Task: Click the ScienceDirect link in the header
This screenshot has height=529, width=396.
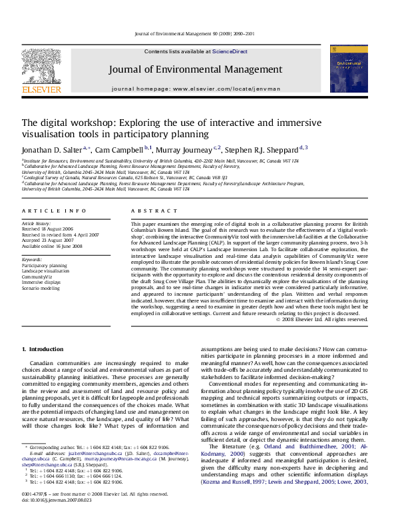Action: tap(230, 51)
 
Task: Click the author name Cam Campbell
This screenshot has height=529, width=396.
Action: tap(121, 149)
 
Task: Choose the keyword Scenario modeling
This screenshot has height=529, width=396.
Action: tap(41, 288)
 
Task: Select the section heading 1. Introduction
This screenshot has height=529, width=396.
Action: tap(43, 349)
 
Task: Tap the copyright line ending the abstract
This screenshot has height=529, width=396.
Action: tap(321, 319)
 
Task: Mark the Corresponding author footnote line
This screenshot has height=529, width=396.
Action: tap(99, 447)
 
